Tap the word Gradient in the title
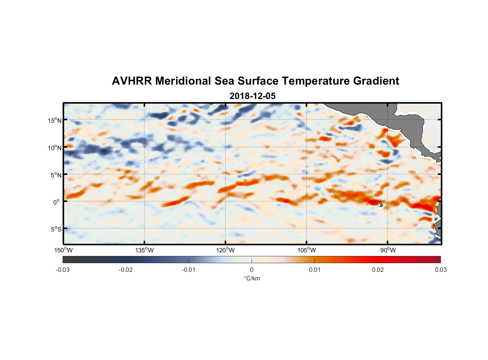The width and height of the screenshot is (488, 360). (x=376, y=81)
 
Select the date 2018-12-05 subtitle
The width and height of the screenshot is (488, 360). (x=252, y=96)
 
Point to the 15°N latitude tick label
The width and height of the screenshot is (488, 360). (x=54, y=120)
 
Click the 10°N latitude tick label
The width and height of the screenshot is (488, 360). (x=54, y=148)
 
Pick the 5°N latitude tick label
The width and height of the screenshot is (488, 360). (x=56, y=175)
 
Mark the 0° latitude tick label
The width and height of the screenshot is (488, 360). (x=57, y=202)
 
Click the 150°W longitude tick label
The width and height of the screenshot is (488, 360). (x=64, y=250)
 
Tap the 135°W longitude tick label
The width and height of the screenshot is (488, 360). (x=145, y=250)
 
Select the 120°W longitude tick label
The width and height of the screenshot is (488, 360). (x=226, y=250)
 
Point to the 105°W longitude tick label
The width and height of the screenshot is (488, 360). (x=307, y=250)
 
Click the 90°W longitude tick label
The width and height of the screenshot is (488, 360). (x=388, y=250)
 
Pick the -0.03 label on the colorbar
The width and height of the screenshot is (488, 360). (x=63, y=270)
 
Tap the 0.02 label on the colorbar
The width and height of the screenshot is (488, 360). (x=378, y=270)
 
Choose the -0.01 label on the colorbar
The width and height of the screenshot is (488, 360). (x=189, y=270)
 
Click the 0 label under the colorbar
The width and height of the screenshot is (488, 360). (x=252, y=270)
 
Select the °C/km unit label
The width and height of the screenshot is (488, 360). (x=252, y=278)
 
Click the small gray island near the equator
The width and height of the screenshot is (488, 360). (x=381, y=204)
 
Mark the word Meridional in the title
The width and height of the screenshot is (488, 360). (x=183, y=81)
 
